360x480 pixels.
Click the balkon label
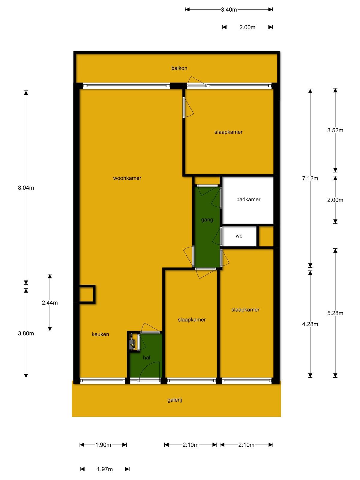tap(179, 68)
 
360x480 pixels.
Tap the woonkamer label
tap(127, 178)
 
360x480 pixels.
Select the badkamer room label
tap(248, 199)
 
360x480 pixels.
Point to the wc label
tap(239, 236)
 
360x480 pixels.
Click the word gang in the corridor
tap(207, 220)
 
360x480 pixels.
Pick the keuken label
tap(100, 334)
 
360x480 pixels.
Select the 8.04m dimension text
tap(26, 187)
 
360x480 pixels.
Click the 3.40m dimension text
tap(229, 10)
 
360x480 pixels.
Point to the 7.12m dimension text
tap(310, 178)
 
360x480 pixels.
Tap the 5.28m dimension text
tap(335, 313)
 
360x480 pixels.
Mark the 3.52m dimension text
tap(335, 130)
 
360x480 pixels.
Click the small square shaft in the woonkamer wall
tap(87, 294)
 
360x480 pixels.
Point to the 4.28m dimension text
tap(310, 324)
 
